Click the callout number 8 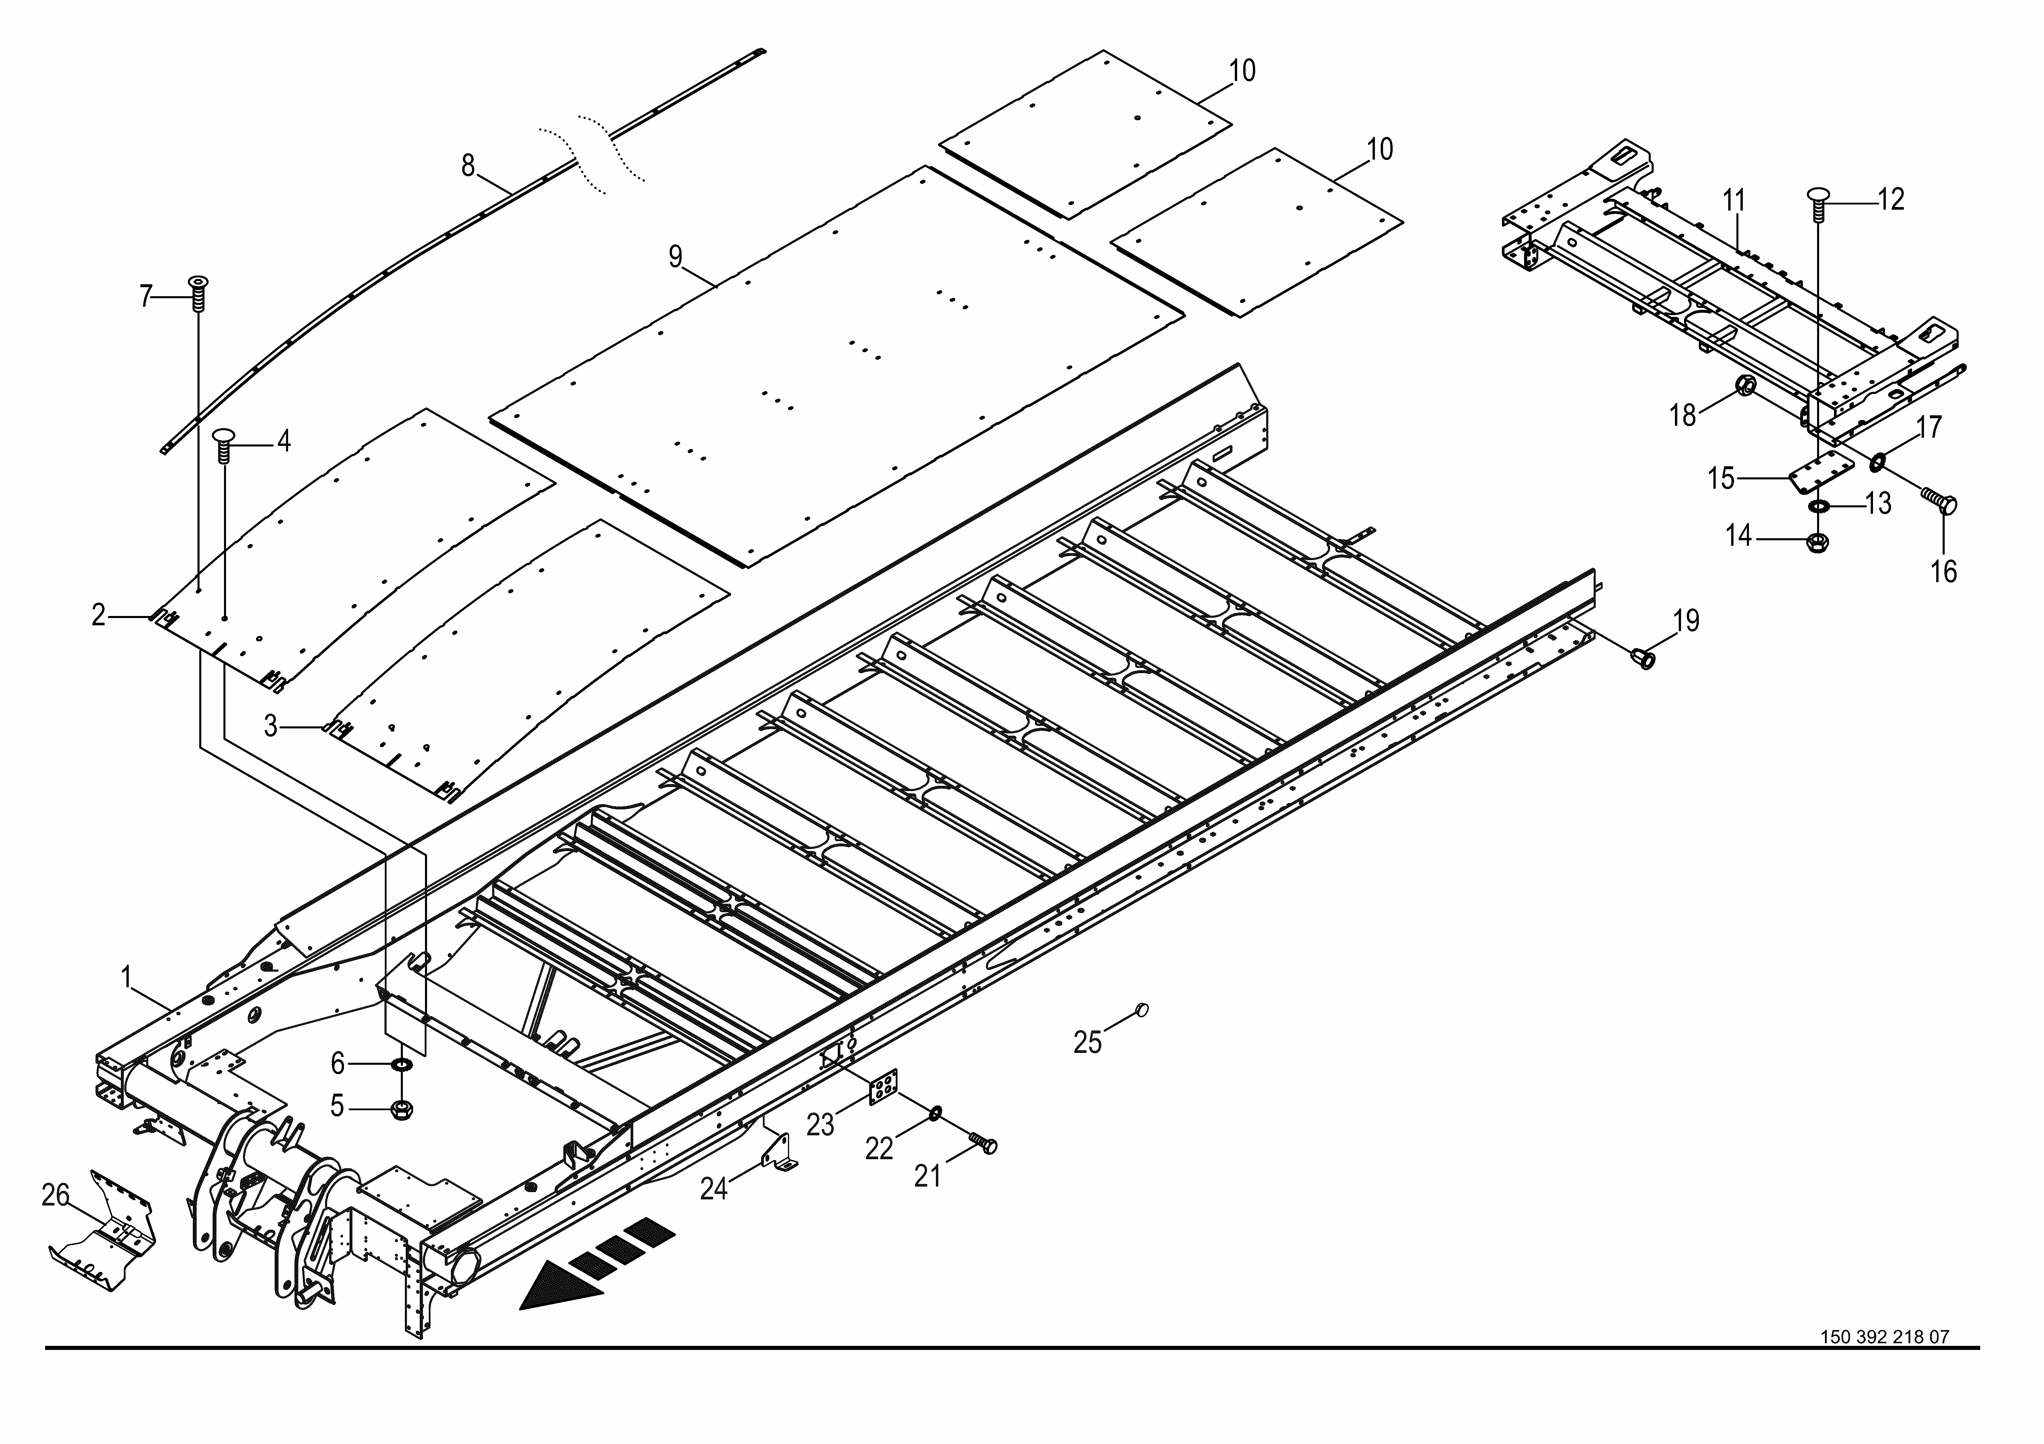pos(468,166)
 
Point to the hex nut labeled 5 pos(401,1109)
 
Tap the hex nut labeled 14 pos(1816,541)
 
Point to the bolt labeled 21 pos(984,1143)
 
